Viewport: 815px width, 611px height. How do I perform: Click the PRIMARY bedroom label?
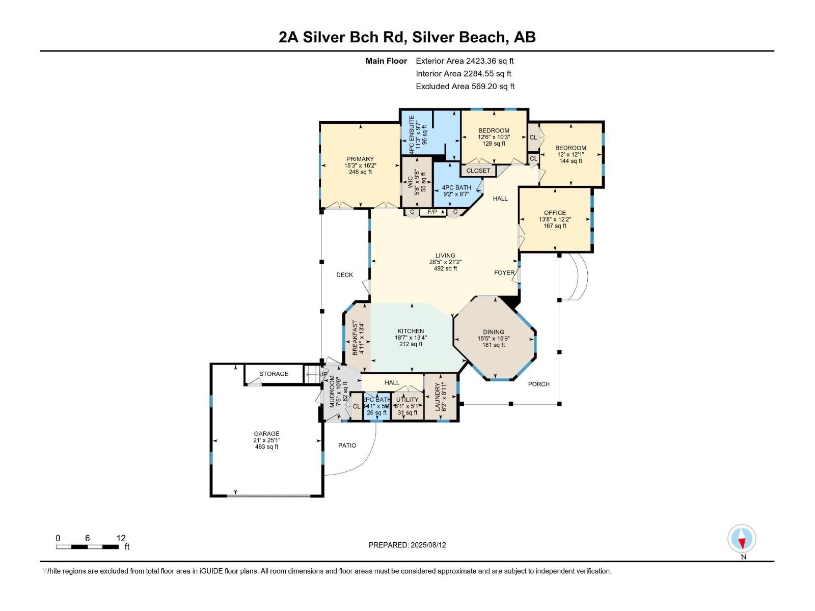[x=360, y=159]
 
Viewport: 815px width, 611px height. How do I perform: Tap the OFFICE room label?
[x=555, y=213]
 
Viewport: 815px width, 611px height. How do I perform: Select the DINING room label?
[x=494, y=332]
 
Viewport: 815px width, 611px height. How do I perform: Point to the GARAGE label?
[x=266, y=434]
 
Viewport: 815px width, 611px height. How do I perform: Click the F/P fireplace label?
[x=432, y=212]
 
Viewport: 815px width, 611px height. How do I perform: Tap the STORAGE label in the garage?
[x=274, y=374]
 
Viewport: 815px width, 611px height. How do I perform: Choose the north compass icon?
[x=742, y=539]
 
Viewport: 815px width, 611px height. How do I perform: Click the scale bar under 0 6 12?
[x=87, y=547]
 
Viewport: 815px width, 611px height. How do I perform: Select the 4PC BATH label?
[x=456, y=187]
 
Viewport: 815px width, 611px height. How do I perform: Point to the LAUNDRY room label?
[x=437, y=397]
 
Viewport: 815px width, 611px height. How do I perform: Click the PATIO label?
[x=347, y=446]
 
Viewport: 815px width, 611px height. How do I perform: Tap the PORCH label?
[x=538, y=384]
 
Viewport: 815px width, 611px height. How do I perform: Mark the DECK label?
[x=344, y=275]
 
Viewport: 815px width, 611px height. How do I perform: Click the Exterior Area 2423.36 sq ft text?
[x=465, y=61]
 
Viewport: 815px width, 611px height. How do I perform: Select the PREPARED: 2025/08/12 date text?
[x=407, y=545]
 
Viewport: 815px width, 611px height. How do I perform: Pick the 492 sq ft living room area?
[x=445, y=269]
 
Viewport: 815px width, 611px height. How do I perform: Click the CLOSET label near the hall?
[x=478, y=171]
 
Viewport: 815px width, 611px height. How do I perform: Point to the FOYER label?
[x=504, y=273]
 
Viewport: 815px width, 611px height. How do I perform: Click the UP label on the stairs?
[x=323, y=374]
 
